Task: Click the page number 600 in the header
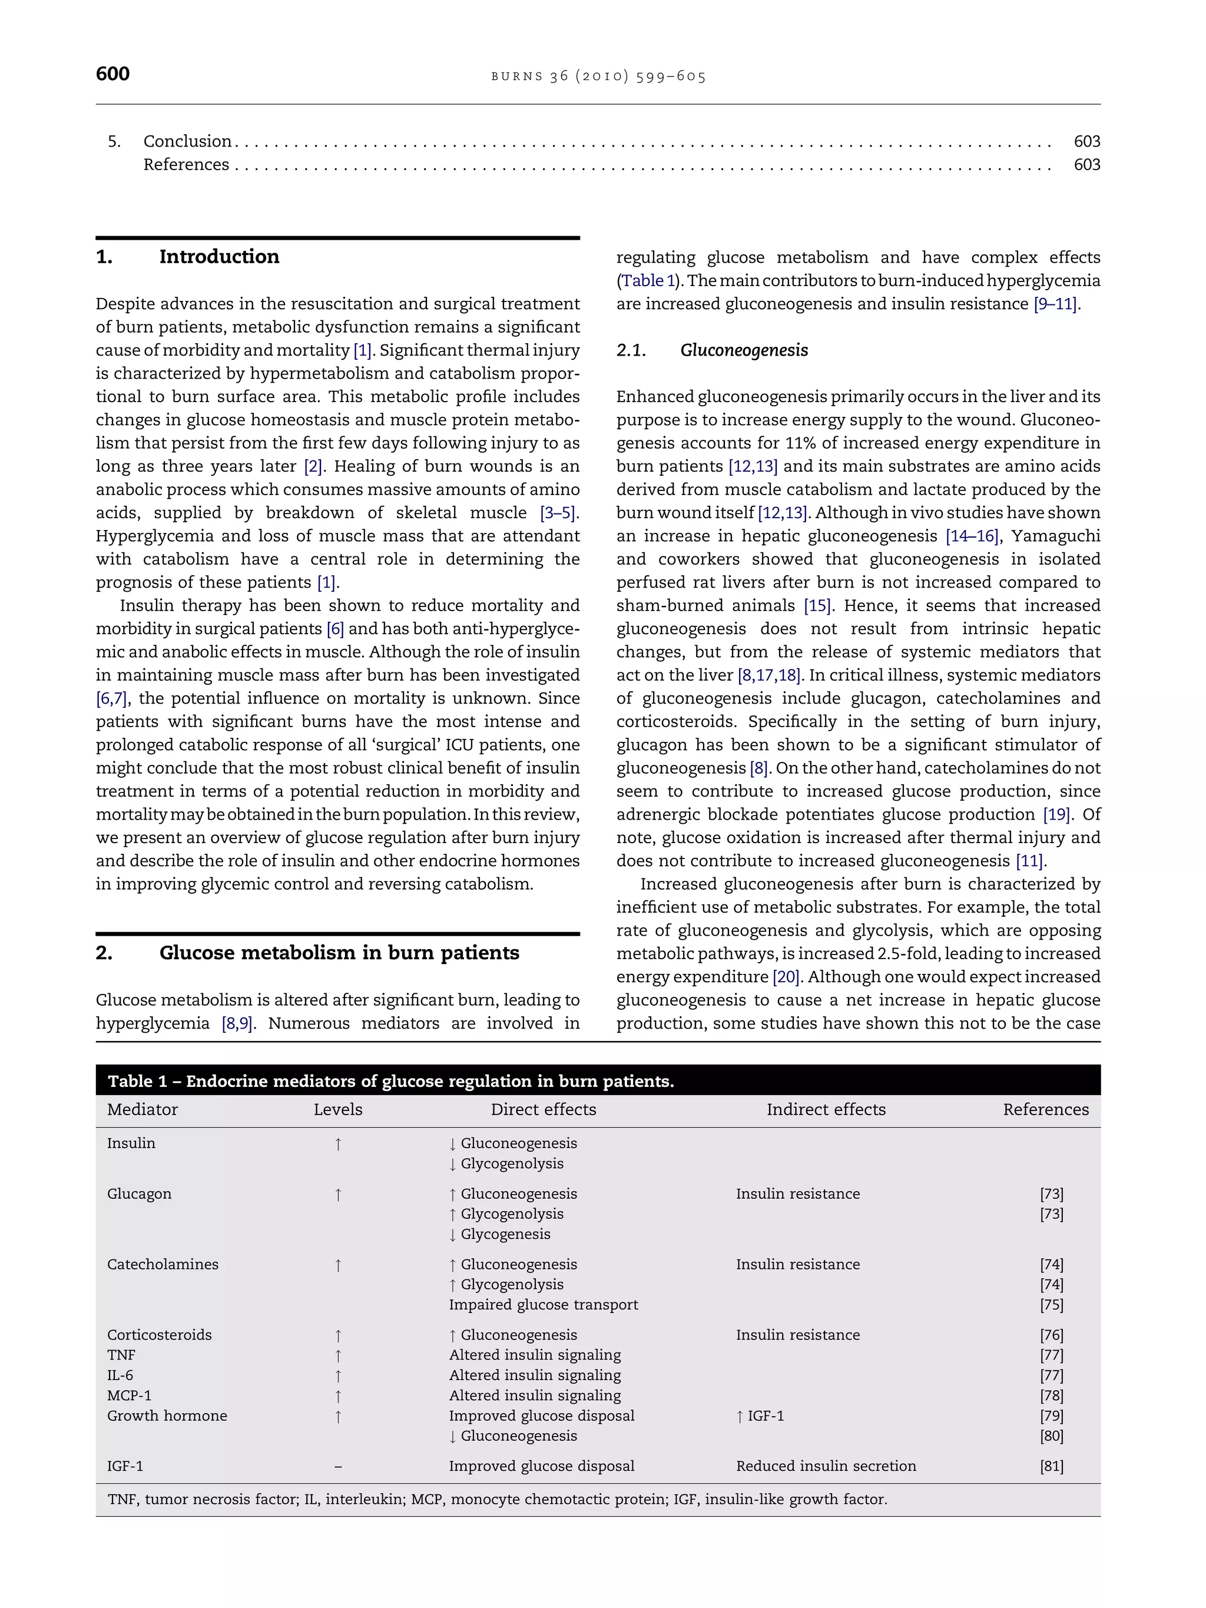(112, 74)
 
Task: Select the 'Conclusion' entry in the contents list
(187, 141)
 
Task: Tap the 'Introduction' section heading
(219, 257)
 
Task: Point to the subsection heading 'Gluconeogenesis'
(744, 350)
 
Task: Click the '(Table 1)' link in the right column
(648, 281)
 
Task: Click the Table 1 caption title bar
(391, 1081)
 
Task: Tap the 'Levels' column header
(338, 1109)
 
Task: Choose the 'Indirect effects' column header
(826, 1109)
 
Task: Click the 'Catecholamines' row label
(163, 1264)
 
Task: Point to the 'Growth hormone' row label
(167, 1415)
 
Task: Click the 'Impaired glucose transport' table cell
(543, 1304)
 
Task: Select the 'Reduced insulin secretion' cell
(826, 1466)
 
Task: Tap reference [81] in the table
(1051, 1466)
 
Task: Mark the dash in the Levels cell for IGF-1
(338, 1466)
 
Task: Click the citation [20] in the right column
(786, 977)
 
